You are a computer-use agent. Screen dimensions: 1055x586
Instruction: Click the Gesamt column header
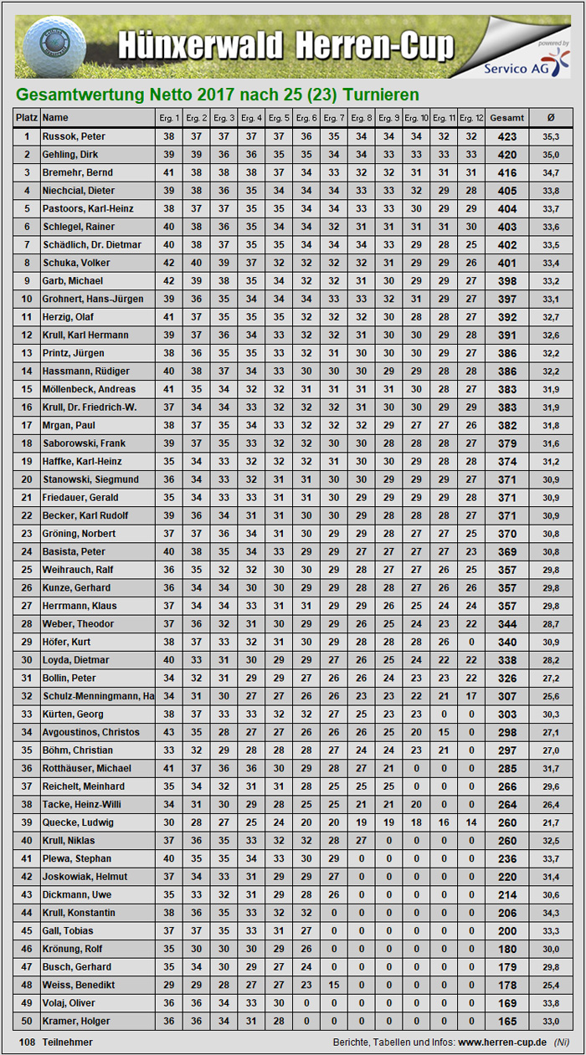(506, 118)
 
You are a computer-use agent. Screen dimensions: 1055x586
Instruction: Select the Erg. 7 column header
(334, 118)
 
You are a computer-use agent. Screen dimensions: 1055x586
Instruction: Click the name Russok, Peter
(75, 136)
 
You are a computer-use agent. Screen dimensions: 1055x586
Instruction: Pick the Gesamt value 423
(506, 136)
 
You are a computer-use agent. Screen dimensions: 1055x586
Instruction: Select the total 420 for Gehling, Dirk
(506, 155)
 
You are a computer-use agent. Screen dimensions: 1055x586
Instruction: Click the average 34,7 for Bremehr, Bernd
(550, 172)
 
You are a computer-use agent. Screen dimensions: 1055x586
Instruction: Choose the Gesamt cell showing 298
(506, 732)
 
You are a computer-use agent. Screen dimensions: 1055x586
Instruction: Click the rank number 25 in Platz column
(27, 570)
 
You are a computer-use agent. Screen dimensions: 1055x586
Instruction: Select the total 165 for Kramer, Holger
(506, 1021)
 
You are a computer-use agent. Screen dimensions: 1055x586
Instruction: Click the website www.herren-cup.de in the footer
(502, 1042)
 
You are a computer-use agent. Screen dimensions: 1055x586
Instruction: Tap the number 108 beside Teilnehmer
(28, 1042)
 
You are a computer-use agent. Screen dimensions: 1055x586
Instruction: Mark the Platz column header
(27, 118)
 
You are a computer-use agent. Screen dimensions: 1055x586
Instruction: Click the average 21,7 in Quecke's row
(550, 822)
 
